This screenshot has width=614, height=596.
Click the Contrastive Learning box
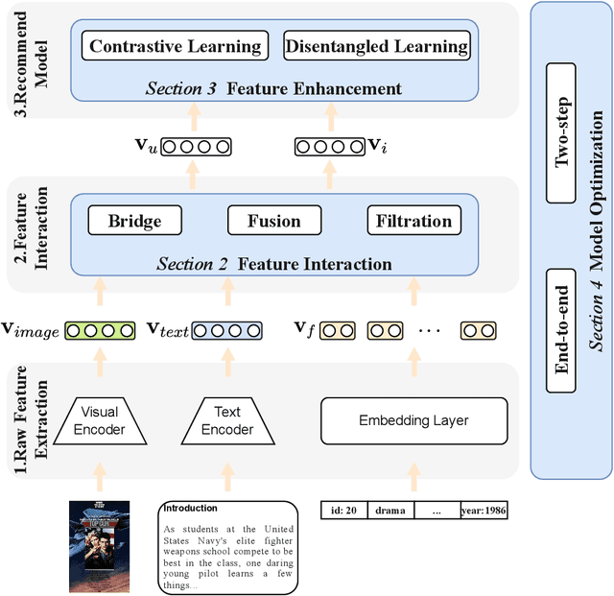[176, 46]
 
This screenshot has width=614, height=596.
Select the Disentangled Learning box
[376, 46]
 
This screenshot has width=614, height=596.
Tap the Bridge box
[134, 221]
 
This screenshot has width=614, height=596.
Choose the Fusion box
[273, 221]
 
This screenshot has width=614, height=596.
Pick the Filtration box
[413, 221]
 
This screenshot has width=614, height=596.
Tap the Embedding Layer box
[413, 420]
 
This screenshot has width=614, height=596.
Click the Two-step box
[563, 132]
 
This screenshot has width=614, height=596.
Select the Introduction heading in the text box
[191, 509]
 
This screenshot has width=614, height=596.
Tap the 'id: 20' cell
[343, 511]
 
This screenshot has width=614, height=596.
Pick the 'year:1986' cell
[483, 511]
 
